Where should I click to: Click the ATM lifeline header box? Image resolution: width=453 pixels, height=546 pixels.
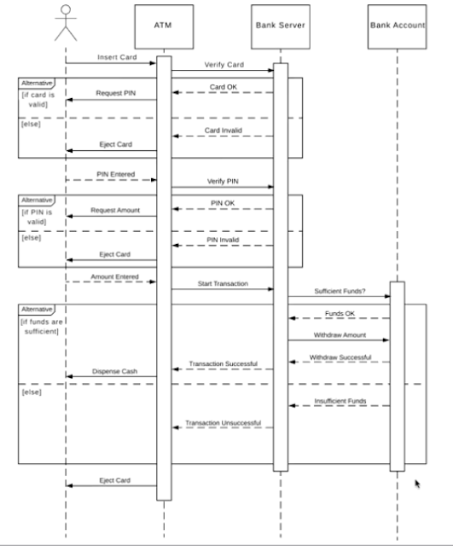pyautogui.click(x=164, y=26)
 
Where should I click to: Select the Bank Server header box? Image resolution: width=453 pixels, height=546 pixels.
pyautogui.click(x=280, y=26)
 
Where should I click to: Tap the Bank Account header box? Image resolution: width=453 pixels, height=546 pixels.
pyautogui.click(x=397, y=26)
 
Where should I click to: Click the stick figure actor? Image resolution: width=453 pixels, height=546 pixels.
pyautogui.click(x=65, y=23)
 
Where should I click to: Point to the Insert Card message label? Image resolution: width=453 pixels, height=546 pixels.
pyautogui.click(x=111, y=55)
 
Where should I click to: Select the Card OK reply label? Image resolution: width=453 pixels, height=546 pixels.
pyautogui.click(x=224, y=86)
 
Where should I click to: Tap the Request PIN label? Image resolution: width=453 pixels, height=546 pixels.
pyautogui.click(x=113, y=93)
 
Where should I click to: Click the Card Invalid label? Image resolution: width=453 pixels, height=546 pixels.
pyautogui.click(x=224, y=130)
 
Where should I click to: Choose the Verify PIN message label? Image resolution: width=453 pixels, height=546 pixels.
pyautogui.click(x=221, y=181)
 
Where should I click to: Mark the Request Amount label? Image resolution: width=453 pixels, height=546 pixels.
pyautogui.click(x=114, y=209)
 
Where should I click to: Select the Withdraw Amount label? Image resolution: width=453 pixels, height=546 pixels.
pyautogui.click(x=339, y=334)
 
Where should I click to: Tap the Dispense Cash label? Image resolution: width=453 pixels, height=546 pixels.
pyautogui.click(x=113, y=371)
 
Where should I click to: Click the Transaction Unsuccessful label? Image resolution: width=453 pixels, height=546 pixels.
pyautogui.click(x=224, y=423)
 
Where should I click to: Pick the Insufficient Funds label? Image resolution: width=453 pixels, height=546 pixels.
pyautogui.click(x=340, y=400)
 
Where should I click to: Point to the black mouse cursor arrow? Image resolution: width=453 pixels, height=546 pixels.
pyautogui.click(x=418, y=484)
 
